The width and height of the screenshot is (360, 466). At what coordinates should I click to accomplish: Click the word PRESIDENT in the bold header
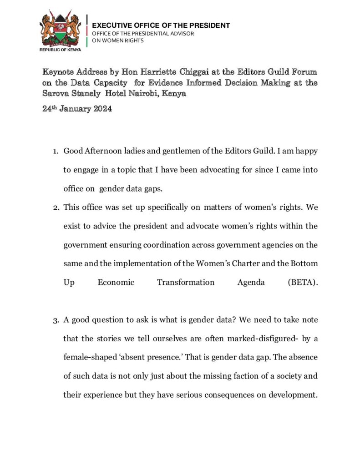click(x=209, y=25)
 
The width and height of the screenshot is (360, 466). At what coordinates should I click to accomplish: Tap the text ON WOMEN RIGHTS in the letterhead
click(x=118, y=41)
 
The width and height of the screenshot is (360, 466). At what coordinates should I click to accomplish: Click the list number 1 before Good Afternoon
click(x=56, y=151)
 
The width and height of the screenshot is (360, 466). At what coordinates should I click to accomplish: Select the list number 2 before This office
click(x=56, y=207)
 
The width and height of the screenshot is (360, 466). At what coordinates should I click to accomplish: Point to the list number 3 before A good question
click(x=56, y=320)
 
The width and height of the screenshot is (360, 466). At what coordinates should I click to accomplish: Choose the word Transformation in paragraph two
click(x=186, y=282)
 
